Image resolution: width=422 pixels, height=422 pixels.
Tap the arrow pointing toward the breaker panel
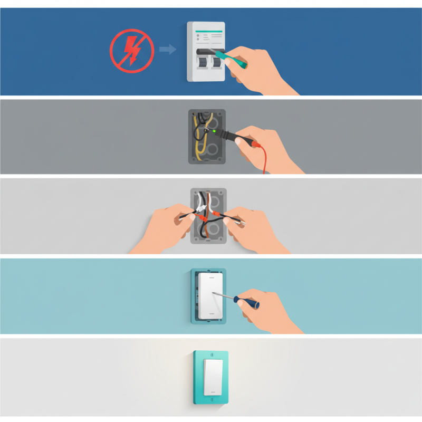click(167, 50)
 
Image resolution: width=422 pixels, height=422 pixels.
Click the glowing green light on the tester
click(214, 130)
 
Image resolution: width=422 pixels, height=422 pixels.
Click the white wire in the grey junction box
click(198, 202)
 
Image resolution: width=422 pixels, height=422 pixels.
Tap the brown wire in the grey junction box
click(209, 203)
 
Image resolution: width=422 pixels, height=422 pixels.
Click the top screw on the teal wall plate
click(211, 354)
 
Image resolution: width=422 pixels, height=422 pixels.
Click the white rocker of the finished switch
click(211, 378)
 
